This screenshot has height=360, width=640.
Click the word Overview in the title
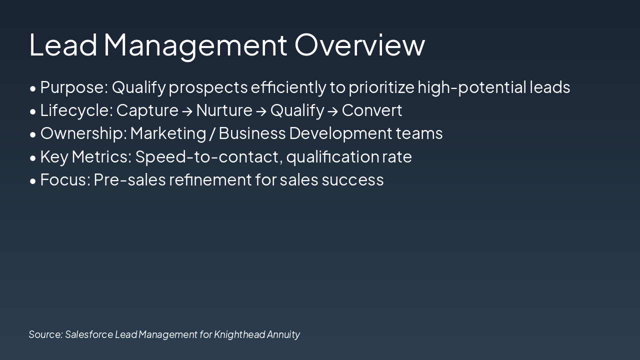(359, 44)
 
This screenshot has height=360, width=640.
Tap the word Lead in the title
(63, 44)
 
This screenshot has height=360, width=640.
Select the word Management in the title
(195, 44)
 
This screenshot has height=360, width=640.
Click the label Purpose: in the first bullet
(74, 87)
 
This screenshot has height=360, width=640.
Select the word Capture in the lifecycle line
(147, 110)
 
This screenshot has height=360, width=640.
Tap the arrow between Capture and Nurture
(187, 111)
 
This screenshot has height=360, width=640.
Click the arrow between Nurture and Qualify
(261, 111)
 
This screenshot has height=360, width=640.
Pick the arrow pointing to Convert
(332, 111)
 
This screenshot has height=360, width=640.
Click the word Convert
(371, 110)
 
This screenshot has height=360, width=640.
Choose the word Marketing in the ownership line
(168, 133)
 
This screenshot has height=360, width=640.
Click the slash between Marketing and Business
(212, 133)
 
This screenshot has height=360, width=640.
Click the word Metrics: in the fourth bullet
(101, 157)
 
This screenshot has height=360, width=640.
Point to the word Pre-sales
(129, 180)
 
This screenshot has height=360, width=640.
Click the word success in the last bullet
(352, 180)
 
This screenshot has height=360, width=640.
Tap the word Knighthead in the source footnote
(239, 334)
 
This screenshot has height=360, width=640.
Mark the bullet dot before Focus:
(33, 181)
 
